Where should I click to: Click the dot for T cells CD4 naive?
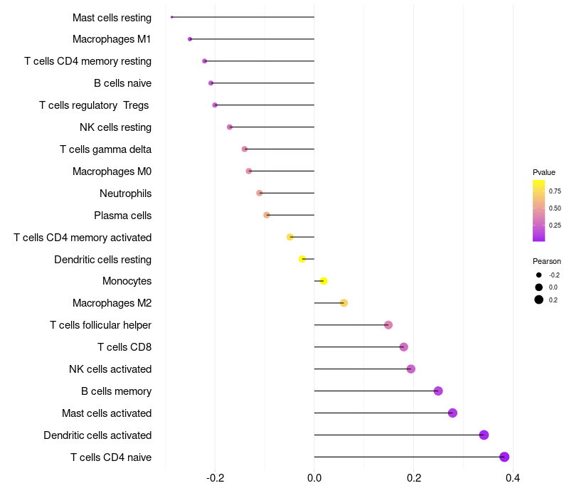click(504, 457)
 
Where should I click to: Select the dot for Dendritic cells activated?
click(484, 435)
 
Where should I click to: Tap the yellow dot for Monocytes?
click(324, 281)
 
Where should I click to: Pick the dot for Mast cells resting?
click(172, 16)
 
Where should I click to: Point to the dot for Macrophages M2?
click(344, 303)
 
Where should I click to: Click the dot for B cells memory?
click(438, 391)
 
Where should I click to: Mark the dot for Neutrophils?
click(260, 193)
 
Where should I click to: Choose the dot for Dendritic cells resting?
click(302, 259)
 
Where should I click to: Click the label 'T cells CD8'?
click(124, 347)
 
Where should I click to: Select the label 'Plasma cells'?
click(122, 215)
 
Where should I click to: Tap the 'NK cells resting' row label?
click(115, 127)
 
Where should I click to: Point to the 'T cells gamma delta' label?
click(105, 149)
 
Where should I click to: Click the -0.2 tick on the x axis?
click(215, 477)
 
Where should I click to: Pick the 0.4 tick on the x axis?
click(512, 477)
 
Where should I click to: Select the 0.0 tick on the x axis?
click(314, 477)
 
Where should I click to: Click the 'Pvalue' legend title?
click(544, 172)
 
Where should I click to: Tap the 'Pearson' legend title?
click(546, 261)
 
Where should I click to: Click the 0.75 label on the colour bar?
click(555, 191)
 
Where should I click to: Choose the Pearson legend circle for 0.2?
click(539, 300)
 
